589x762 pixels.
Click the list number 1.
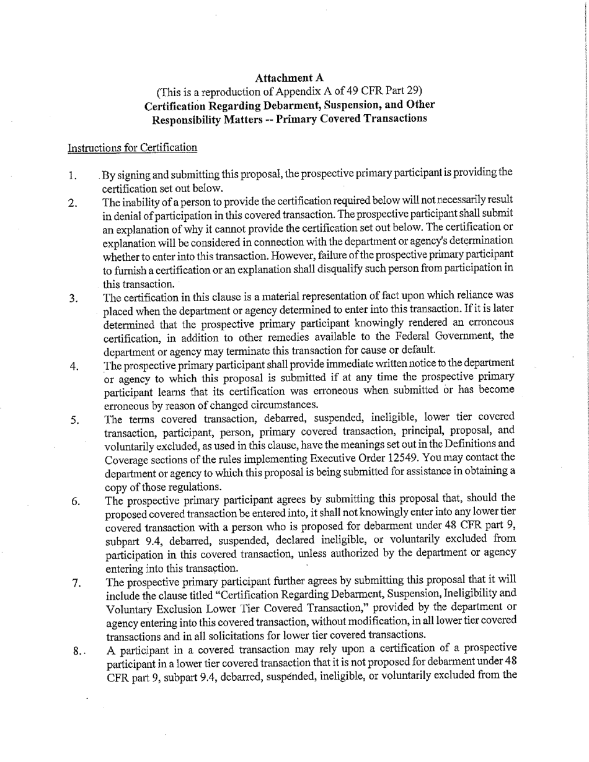(73, 176)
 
